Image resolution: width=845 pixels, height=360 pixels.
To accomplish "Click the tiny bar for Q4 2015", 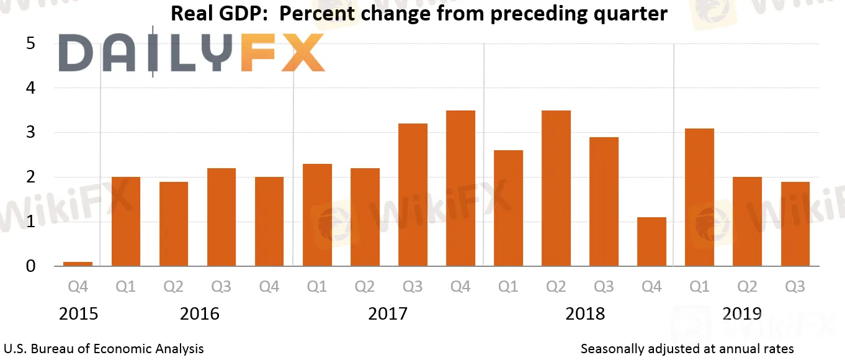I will pos(78,264).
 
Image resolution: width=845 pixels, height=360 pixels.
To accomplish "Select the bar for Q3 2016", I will pos(221,217).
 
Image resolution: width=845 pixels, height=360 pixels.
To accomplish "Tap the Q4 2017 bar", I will pos(460,189).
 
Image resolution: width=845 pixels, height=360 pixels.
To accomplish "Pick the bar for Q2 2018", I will pos(556,189).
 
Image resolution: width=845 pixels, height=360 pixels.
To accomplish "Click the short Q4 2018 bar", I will pos(651,242).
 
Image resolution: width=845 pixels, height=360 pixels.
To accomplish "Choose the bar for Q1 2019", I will pos(699,197).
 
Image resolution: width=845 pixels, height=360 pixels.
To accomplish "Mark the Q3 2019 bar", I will pos(795,224).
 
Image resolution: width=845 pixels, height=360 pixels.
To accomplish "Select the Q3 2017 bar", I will pos(413,195).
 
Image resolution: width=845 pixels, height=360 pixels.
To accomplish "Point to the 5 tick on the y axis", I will pos(30,44).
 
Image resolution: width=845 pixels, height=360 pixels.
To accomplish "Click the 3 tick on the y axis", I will pos(30,133).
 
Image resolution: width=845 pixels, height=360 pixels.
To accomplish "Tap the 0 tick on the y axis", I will pos(30,266).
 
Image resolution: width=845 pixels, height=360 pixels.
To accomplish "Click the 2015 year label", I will pos(78,313).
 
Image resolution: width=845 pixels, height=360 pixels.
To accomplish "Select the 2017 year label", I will pos(388,313).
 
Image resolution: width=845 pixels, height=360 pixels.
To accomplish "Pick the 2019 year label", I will pos(743,313).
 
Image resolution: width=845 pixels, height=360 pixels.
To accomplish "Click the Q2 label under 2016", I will pos(174,287).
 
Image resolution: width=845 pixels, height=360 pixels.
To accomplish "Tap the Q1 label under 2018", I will pos(508,287).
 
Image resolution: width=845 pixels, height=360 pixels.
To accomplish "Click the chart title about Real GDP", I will pos(419,14).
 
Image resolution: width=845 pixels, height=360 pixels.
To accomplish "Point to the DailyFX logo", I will pos(192,53).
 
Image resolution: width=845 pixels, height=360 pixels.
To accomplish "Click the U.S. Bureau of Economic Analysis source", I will pos(104,349).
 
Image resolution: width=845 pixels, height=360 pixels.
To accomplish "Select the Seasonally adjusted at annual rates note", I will pos(687,349).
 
